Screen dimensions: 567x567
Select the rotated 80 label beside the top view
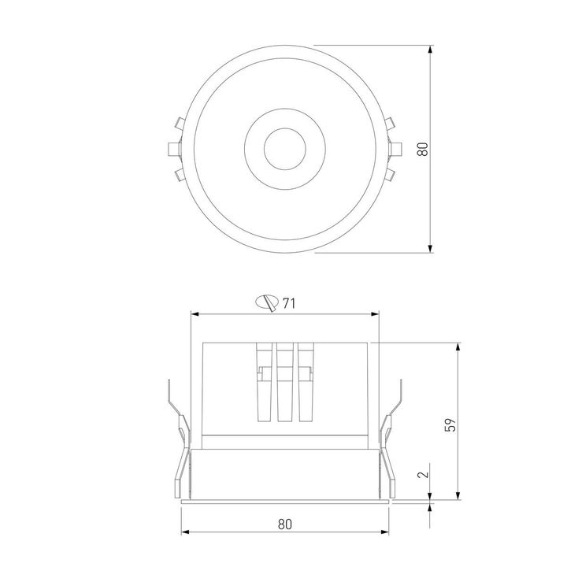(x=422, y=149)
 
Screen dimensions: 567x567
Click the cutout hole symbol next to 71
(x=268, y=301)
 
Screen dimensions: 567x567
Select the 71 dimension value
(x=289, y=302)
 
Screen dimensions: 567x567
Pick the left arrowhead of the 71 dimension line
(x=197, y=314)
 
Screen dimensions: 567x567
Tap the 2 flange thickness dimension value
(x=423, y=474)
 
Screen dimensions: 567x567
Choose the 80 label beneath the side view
(x=285, y=524)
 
